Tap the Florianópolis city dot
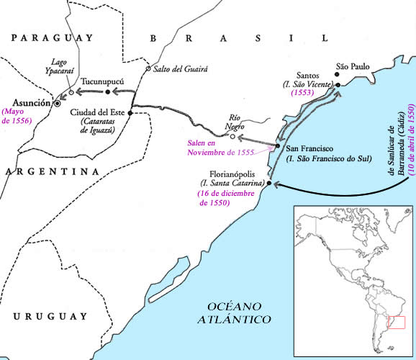tap(269, 184)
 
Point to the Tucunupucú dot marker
tap(107, 92)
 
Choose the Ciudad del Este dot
tap(130, 113)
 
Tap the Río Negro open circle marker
tap(232, 135)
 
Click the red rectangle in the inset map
tap(397, 323)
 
